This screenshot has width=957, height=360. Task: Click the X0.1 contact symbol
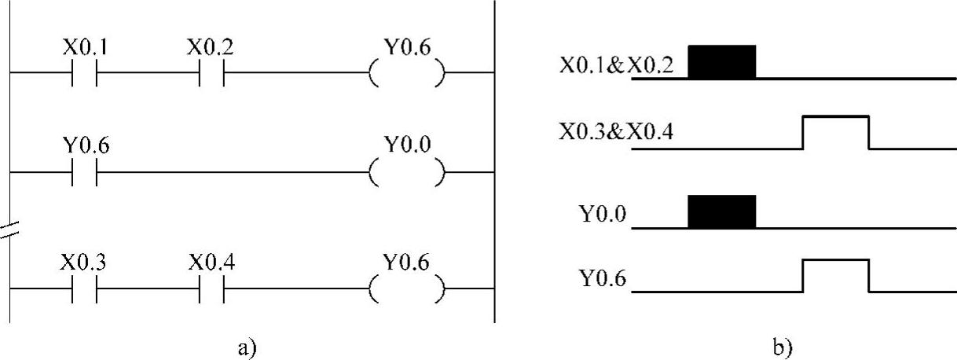[x=84, y=75]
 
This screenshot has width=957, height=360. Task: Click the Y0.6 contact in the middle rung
[x=84, y=172]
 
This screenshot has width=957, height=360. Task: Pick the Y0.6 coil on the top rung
[x=406, y=75]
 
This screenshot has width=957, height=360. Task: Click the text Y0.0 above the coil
[x=407, y=145]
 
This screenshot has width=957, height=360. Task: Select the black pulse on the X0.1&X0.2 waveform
[x=721, y=62]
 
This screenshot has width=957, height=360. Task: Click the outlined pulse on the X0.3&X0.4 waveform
[x=835, y=132]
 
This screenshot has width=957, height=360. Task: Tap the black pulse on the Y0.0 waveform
[x=721, y=211]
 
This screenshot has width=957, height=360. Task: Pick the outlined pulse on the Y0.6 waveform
[x=835, y=275]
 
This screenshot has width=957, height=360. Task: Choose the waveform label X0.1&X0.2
[x=616, y=64]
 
